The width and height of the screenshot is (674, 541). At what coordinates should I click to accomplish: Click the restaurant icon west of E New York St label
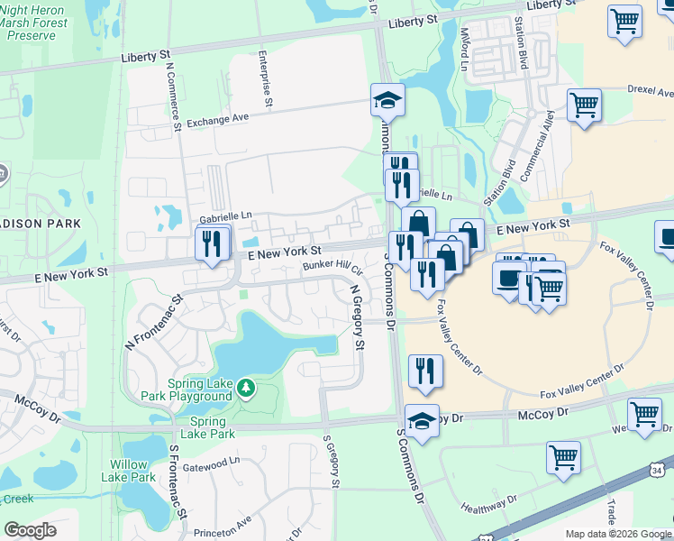coord(213,244)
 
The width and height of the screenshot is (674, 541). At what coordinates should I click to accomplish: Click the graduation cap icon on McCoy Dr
coord(421,419)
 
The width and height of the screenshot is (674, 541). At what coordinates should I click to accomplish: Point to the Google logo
coord(29,530)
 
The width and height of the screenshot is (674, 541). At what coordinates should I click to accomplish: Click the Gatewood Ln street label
coord(212,460)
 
